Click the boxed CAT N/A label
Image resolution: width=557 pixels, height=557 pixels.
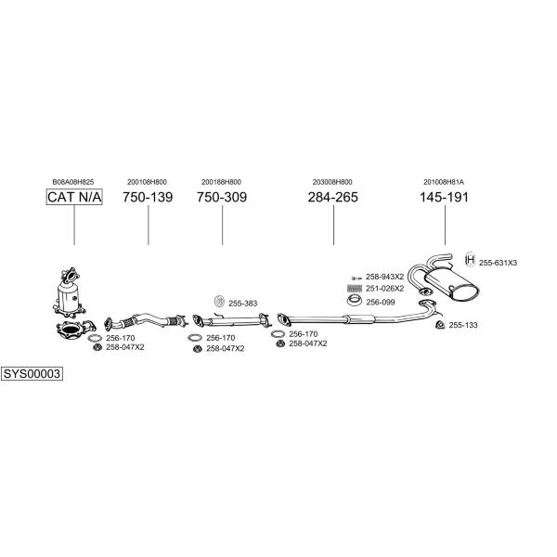tap(73, 197)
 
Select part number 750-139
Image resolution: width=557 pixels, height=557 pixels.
tap(148, 197)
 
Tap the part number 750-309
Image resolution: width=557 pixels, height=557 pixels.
tap(222, 197)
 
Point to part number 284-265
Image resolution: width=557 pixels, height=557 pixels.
tap(333, 197)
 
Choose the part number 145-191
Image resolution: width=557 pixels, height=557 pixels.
tap(445, 197)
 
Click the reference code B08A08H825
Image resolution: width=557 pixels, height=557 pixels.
tap(73, 181)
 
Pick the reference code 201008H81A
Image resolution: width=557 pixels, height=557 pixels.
tap(445, 181)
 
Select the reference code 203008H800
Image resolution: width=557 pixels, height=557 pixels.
tap(333, 181)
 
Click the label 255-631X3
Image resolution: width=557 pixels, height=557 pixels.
tap(499, 263)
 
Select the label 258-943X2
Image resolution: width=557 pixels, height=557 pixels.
tap(384, 277)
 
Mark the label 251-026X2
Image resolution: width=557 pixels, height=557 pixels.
tap(384, 289)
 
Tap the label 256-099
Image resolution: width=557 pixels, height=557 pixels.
tap(380, 302)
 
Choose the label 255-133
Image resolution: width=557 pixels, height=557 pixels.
tap(462, 325)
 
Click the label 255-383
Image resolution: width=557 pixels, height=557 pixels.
tap(242, 303)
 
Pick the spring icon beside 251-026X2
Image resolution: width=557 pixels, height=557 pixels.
tap(354, 289)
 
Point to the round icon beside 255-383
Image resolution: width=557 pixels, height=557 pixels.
tap(219, 301)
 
